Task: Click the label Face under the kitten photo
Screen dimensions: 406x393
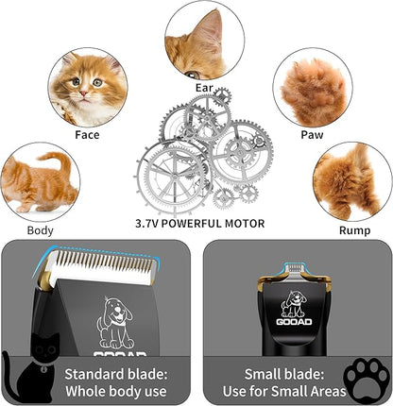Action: [87, 134]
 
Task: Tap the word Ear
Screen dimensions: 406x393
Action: [203, 89]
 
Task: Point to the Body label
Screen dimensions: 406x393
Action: [41, 229]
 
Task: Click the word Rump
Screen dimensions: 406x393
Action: [353, 229]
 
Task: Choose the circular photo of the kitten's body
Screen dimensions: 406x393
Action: [40, 182]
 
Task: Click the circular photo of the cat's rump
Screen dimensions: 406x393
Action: [353, 181]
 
